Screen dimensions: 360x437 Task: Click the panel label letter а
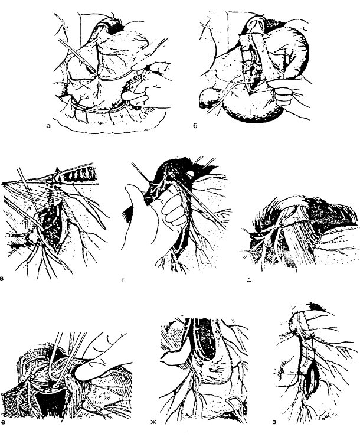click(x=49, y=126)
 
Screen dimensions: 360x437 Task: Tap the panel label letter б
click(x=195, y=126)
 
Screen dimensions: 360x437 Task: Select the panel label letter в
click(x=2, y=278)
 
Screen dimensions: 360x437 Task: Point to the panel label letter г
click(x=123, y=280)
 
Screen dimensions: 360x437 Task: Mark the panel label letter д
click(x=249, y=280)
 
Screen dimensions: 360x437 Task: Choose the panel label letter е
click(x=3, y=422)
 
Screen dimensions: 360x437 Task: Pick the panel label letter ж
click(x=153, y=422)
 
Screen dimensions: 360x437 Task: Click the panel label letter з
click(x=274, y=422)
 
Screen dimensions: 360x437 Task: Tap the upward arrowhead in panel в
click(x=57, y=169)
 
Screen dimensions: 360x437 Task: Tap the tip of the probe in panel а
click(x=96, y=73)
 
